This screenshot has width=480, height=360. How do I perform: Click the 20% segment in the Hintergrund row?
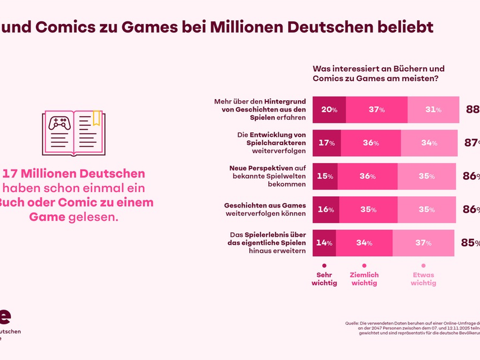(329, 110)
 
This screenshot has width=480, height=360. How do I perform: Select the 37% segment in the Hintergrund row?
(377, 110)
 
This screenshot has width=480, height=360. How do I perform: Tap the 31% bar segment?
(433, 110)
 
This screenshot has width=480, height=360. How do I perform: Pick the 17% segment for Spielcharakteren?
(327, 143)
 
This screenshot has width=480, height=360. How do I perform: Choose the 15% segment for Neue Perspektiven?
(326, 176)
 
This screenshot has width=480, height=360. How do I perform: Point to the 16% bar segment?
(326, 209)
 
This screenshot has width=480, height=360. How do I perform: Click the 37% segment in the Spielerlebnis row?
(424, 243)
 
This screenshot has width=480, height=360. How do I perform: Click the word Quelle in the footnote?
(352, 323)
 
